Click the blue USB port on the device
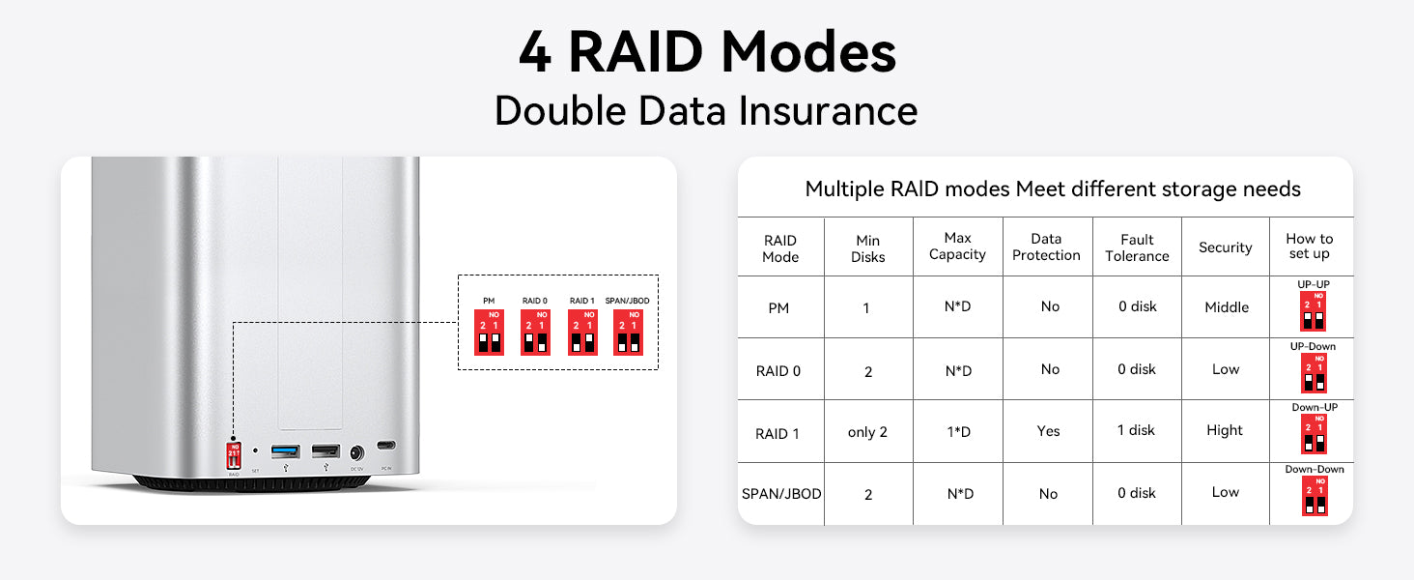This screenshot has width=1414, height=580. click(x=285, y=451)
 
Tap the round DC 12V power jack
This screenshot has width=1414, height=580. click(x=357, y=452)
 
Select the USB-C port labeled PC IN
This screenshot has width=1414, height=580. click(x=386, y=447)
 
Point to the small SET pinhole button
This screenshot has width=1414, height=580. click(x=255, y=450)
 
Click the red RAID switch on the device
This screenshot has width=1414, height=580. click(x=234, y=455)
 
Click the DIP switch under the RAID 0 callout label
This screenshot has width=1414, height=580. click(x=535, y=333)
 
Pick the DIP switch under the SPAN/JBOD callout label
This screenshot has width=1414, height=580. click(x=629, y=333)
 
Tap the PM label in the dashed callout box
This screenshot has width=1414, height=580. click(x=489, y=302)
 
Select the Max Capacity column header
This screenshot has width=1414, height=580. click(x=957, y=246)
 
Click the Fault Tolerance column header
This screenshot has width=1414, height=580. click(x=1137, y=247)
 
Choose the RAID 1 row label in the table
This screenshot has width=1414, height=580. click(x=778, y=434)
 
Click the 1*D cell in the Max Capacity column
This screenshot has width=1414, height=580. click(x=958, y=432)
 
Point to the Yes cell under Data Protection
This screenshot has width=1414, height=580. click(x=1048, y=431)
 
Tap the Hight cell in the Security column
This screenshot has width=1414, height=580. click(x=1225, y=430)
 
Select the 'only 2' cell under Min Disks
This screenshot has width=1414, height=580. click(x=867, y=432)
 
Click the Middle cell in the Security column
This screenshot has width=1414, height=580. click(x=1227, y=307)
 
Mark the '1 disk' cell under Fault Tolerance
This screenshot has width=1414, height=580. click(x=1136, y=430)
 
